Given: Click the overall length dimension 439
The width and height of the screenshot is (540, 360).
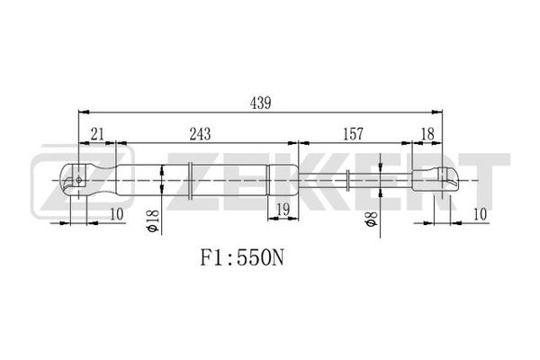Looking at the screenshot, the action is [260, 103].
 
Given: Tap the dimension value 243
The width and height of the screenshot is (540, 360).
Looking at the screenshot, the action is [200, 134].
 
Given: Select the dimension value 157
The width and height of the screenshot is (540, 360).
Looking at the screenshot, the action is [353, 134].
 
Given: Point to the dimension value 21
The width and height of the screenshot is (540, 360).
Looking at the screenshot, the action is [97, 134].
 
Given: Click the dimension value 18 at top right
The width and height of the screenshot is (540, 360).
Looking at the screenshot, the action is [427, 134].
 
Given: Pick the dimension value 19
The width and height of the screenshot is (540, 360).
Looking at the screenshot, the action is [283, 209].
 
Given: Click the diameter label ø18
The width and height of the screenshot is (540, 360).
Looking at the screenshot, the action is [153, 220].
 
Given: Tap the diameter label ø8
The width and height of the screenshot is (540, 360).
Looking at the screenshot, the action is [371, 219].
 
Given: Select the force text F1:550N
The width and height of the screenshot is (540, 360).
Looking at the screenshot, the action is [242, 257].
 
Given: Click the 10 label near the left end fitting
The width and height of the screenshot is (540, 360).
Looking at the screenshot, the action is [116, 214].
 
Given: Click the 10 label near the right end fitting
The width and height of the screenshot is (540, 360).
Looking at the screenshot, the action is [480, 214].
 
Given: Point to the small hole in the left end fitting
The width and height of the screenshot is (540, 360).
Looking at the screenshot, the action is [79, 179].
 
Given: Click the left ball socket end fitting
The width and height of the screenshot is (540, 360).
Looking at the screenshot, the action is [89, 179].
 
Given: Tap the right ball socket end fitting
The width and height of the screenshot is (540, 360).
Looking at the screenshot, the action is [436, 179].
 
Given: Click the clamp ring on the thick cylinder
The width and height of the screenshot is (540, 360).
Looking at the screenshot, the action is [190, 180].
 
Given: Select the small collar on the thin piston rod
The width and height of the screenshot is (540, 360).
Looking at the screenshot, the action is [348, 180].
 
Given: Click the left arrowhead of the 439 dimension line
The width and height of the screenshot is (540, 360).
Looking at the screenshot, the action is [84, 112].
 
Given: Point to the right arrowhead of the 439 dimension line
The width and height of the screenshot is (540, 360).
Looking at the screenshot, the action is [437, 112].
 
